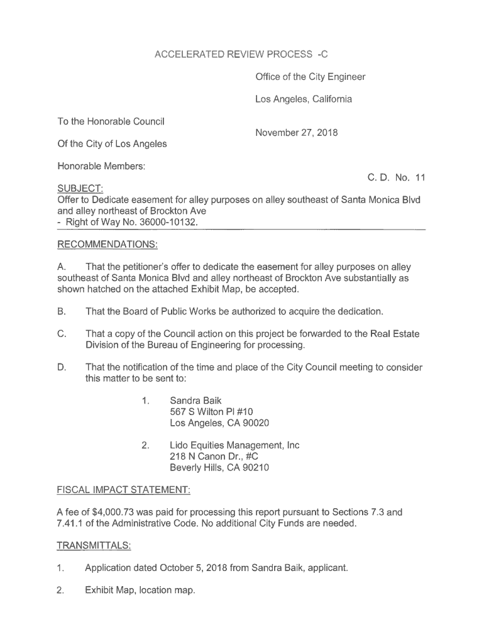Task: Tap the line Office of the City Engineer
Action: click(310, 77)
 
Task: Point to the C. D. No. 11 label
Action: click(396, 178)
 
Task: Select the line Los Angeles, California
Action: click(304, 99)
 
